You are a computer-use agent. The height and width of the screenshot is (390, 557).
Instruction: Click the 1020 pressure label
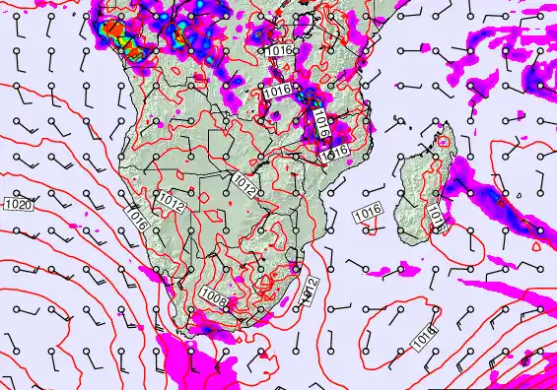(16, 204)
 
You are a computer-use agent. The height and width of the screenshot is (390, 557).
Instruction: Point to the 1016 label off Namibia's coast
(137, 220)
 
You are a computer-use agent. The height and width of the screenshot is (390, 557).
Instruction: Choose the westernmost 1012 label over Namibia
(171, 204)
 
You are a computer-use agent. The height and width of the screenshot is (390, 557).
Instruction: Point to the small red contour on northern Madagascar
(443, 142)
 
